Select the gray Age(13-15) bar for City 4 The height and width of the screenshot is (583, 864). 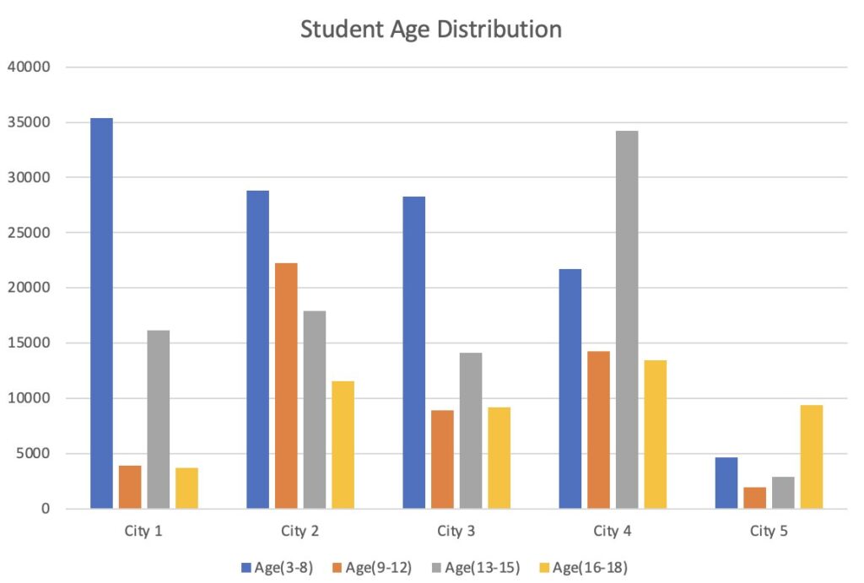point(627,320)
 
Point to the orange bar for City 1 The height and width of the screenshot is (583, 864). point(130,487)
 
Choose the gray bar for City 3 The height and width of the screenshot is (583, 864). point(470,430)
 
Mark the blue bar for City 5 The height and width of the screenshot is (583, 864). point(726,483)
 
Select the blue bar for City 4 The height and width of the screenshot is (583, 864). point(570,389)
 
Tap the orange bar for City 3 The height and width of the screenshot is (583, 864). point(442,459)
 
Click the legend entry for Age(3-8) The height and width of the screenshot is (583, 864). point(278,567)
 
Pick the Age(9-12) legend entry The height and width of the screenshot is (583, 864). point(376,567)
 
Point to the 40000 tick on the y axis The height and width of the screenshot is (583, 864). point(30,67)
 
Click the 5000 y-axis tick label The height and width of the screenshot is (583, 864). point(33,453)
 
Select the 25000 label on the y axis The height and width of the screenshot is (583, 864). point(30,232)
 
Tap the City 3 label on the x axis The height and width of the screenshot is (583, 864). point(456,531)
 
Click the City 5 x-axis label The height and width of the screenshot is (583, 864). point(769,531)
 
